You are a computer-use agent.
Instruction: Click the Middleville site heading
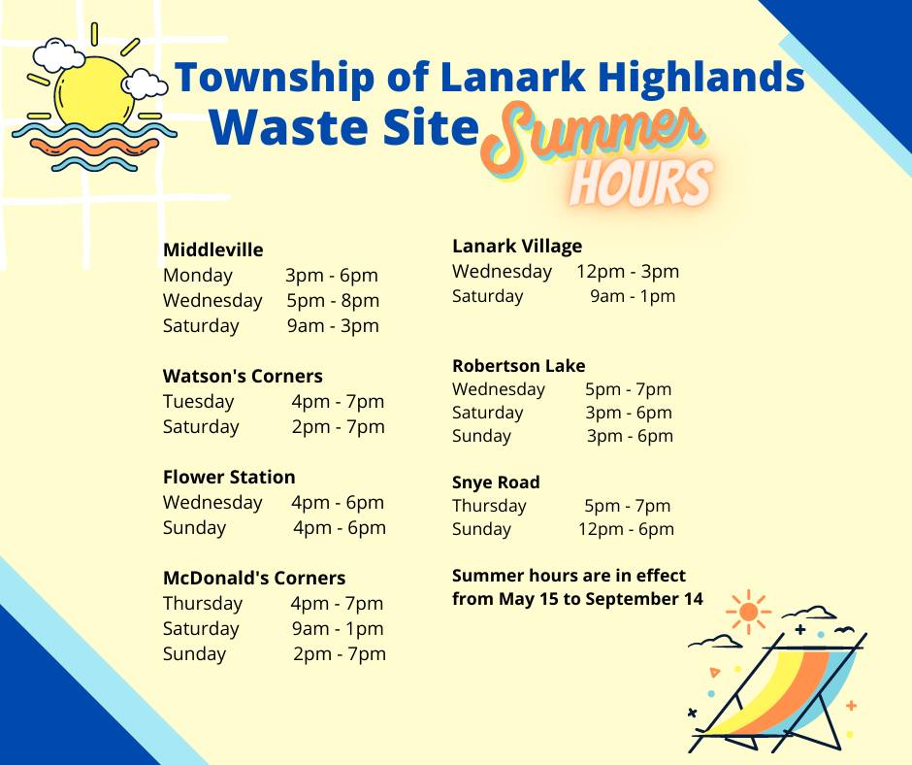(212, 250)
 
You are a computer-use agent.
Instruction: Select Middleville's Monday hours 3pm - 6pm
(332, 276)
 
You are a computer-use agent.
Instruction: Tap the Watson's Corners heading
(243, 377)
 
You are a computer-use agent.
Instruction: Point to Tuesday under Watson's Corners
(198, 402)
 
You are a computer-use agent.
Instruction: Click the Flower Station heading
(229, 478)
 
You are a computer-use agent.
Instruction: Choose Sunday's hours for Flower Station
(340, 528)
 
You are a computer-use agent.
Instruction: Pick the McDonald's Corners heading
(254, 579)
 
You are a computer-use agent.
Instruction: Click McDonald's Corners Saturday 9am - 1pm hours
(338, 629)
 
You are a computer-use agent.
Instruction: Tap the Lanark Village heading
(517, 247)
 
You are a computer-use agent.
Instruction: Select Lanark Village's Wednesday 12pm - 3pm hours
(628, 272)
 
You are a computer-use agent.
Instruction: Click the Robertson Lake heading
(519, 366)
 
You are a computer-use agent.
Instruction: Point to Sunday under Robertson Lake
(481, 436)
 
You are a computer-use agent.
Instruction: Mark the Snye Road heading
(496, 482)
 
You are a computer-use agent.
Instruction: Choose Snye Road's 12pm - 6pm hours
(626, 529)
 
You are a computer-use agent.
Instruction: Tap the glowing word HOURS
(641, 181)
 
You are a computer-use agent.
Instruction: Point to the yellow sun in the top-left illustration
(93, 92)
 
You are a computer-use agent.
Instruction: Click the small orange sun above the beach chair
(748, 613)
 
